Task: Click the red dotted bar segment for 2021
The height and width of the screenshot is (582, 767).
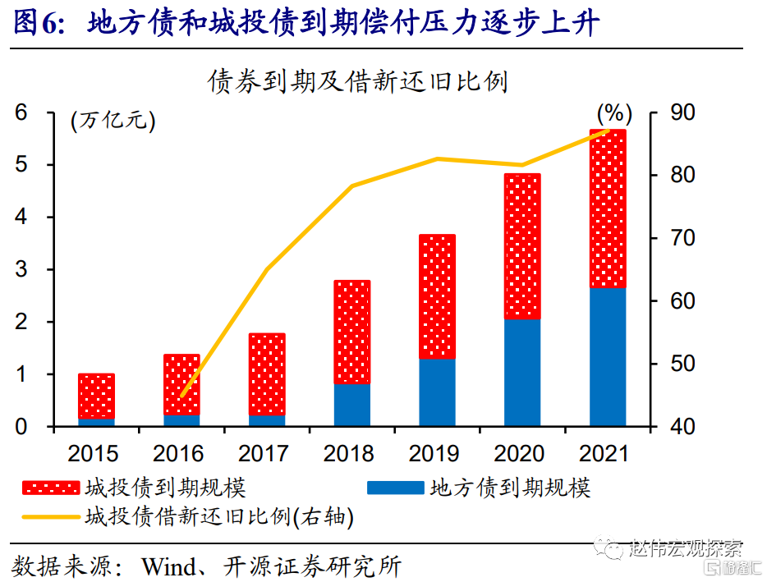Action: coord(608,209)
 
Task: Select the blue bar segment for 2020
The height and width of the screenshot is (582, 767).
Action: coord(522,373)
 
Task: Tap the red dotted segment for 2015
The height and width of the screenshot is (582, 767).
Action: coord(96,396)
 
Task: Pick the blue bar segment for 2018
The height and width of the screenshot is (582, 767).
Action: coord(352,405)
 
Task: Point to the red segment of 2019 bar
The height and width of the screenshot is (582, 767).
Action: coord(437,296)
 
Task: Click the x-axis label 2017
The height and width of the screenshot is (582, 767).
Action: coord(266,453)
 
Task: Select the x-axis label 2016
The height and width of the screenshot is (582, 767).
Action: coord(181,453)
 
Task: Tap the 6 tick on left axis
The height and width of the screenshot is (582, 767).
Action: coord(22,112)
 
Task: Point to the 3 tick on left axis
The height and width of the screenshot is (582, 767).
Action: coord(22,270)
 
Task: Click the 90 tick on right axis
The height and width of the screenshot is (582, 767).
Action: coord(665,112)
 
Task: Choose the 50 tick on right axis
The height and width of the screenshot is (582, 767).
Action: coord(665,364)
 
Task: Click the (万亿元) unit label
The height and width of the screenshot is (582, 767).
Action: coord(112,121)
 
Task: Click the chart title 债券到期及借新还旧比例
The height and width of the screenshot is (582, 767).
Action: coord(358,82)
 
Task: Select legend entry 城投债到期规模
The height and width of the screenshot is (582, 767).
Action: coord(164,488)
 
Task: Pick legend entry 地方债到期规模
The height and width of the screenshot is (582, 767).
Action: coord(510,488)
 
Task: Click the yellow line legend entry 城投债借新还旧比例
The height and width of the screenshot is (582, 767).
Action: coord(218,516)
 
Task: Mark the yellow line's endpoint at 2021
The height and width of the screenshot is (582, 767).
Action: coord(609,130)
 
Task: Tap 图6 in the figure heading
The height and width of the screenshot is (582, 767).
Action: coord(40,24)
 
